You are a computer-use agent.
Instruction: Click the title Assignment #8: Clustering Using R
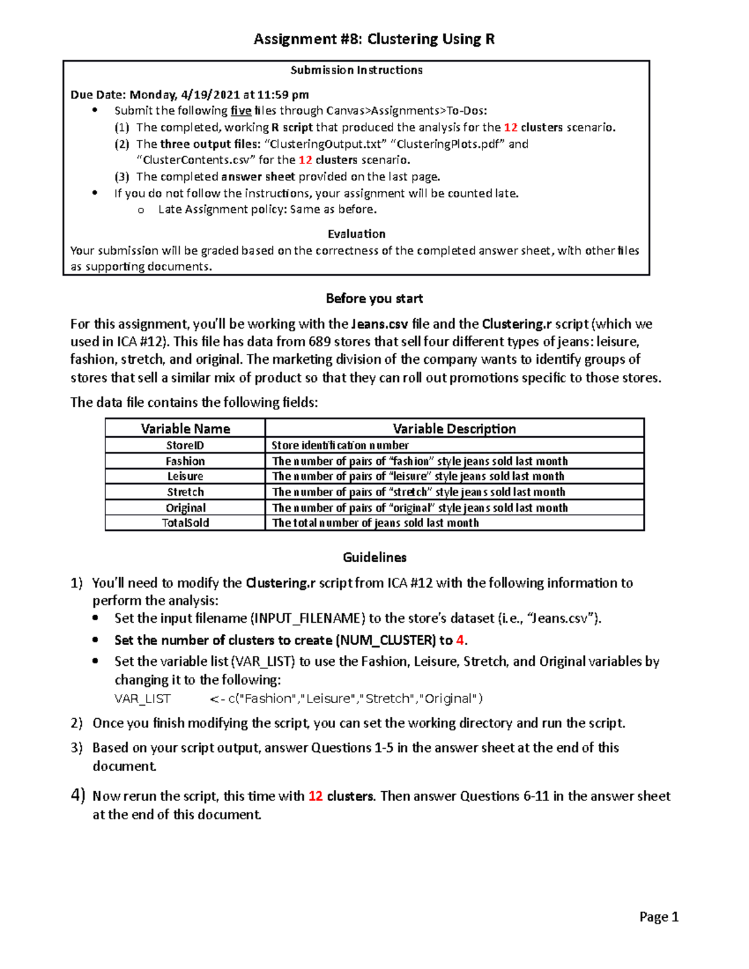374,39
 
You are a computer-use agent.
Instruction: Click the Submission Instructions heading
356,70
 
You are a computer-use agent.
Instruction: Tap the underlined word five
241,111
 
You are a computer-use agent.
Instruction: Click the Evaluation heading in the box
356,234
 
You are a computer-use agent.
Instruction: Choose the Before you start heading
374,299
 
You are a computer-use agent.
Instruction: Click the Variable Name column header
185,429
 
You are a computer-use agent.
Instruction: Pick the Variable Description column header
454,429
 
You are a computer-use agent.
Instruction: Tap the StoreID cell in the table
185,446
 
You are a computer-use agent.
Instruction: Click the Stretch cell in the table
185,492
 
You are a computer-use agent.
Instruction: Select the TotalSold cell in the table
185,523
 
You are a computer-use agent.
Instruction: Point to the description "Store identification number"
340,446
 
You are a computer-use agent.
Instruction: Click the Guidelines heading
374,558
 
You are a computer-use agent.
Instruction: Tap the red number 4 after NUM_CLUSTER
460,640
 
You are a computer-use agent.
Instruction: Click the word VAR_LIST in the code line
142,699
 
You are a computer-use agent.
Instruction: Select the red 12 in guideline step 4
315,797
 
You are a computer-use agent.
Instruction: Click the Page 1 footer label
658,917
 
